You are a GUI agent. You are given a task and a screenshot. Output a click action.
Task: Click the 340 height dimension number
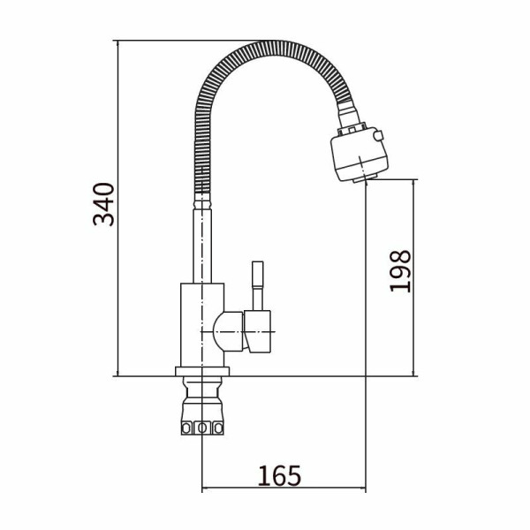tap(103, 204)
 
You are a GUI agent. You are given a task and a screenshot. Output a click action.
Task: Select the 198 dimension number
tap(400, 271)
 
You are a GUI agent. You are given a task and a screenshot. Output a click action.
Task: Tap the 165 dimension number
tap(279, 475)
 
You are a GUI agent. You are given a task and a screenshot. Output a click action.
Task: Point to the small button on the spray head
tap(378, 136)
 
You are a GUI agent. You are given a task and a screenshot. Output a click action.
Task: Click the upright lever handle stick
tap(258, 285)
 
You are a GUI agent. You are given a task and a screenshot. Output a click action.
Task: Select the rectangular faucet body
tap(202, 325)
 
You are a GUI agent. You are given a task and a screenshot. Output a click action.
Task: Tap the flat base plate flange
tap(202, 372)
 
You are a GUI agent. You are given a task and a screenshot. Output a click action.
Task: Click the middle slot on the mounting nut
tap(202, 428)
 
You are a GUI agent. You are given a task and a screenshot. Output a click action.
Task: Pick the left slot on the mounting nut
tap(186, 428)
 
